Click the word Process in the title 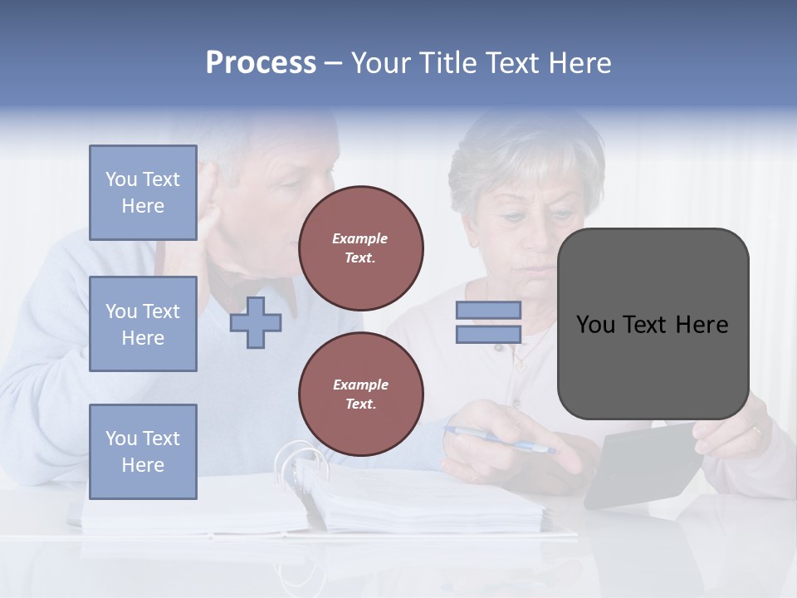(x=261, y=63)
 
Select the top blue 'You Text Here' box (x=143, y=193)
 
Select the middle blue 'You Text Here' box (x=143, y=324)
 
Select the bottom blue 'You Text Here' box (x=143, y=452)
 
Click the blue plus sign (x=255, y=322)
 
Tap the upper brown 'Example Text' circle (x=360, y=248)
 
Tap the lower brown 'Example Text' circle (x=360, y=394)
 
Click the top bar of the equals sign (x=488, y=310)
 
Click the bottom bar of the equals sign (x=488, y=334)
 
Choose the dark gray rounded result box (x=653, y=324)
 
